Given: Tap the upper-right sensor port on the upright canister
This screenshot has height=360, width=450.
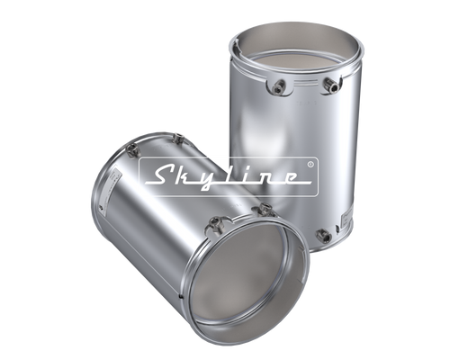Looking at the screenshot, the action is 330,85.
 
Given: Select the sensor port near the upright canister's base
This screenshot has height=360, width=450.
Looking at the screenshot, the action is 324,235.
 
